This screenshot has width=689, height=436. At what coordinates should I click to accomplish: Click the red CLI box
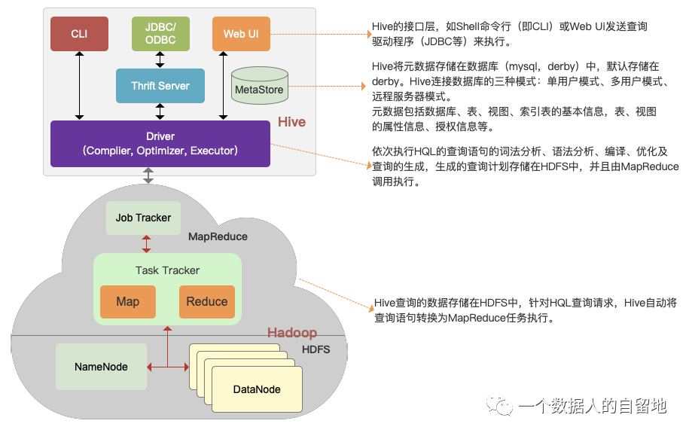(x=79, y=34)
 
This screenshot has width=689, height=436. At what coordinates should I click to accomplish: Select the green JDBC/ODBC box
(x=160, y=34)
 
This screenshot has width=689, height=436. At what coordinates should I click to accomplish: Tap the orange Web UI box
(x=241, y=34)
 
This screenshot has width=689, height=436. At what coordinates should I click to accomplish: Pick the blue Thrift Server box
(x=160, y=86)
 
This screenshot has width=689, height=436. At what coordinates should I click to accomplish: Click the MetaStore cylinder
(x=259, y=87)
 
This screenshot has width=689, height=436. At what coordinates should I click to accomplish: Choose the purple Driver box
(x=160, y=144)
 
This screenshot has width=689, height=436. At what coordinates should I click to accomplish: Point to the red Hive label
(x=291, y=122)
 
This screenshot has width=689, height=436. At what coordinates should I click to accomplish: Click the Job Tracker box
(x=143, y=218)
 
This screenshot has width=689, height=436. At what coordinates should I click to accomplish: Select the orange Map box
(x=127, y=302)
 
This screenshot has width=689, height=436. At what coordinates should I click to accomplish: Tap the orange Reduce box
(x=206, y=302)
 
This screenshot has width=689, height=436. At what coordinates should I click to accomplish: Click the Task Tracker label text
(x=167, y=270)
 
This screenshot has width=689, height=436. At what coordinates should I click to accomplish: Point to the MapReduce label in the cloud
(x=218, y=236)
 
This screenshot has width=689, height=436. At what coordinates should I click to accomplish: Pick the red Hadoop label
(x=292, y=333)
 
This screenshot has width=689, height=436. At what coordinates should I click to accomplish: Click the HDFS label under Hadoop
(x=316, y=349)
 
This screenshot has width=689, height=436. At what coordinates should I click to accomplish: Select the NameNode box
(x=101, y=367)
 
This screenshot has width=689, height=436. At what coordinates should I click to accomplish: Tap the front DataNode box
(x=257, y=389)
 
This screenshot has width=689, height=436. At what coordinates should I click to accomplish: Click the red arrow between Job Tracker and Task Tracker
(x=146, y=244)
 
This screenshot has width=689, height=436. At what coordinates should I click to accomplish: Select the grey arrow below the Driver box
(x=148, y=175)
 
